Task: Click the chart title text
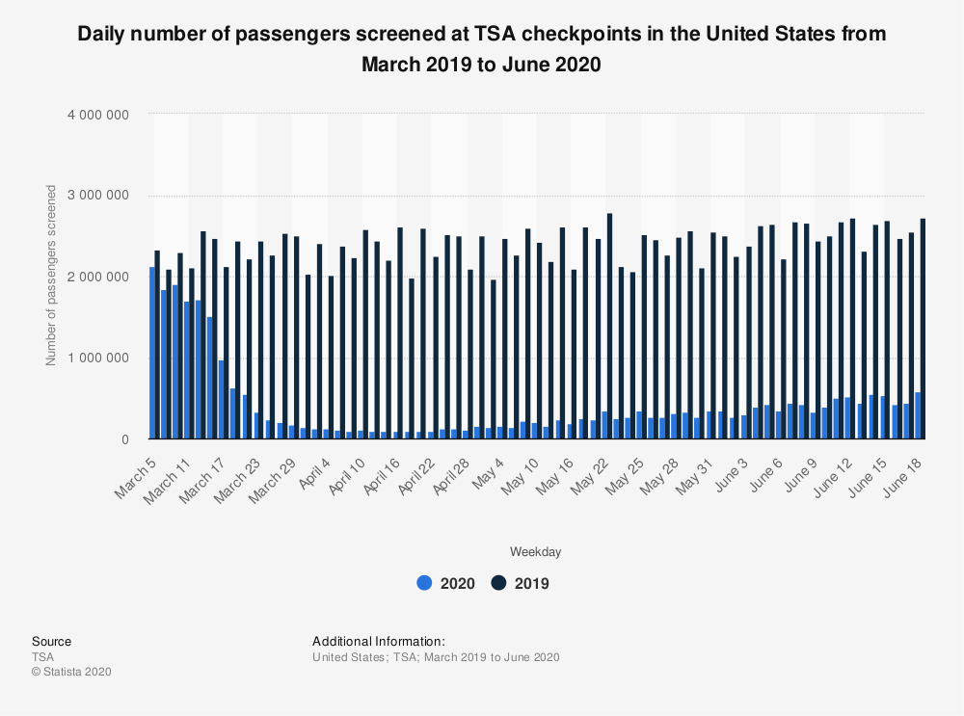[x=481, y=49]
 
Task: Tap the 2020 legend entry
[x=445, y=583]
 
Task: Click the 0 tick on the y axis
[x=125, y=439]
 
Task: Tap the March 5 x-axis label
[x=133, y=469]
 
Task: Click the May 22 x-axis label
[x=589, y=471]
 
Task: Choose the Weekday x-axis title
[x=535, y=552]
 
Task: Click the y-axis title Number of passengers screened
[x=51, y=276]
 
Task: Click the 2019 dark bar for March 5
[x=157, y=345]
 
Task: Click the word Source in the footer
[x=51, y=642]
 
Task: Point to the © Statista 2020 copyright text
[x=71, y=672]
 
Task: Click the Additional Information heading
[x=379, y=642]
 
